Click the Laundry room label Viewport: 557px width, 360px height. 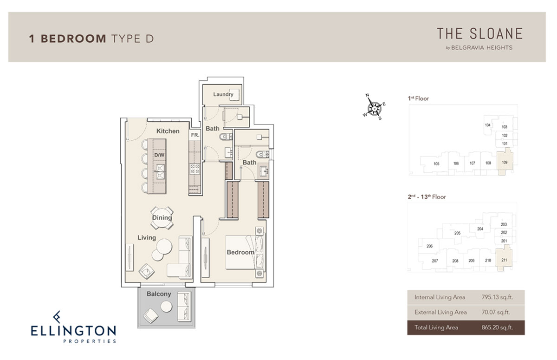pyautogui.click(x=223, y=94)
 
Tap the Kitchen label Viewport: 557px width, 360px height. pyautogui.click(x=168, y=131)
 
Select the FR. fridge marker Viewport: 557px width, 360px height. pyautogui.click(x=195, y=135)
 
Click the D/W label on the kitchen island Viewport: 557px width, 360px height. pyautogui.click(x=159, y=155)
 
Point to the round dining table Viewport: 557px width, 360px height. pyautogui.click(x=162, y=218)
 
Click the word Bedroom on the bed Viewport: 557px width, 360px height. pyautogui.click(x=240, y=252)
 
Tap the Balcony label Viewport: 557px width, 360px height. pyautogui.click(x=159, y=294)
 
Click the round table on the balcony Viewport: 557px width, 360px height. pyautogui.click(x=166, y=307)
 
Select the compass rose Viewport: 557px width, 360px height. pyautogui.click(x=374, y=107)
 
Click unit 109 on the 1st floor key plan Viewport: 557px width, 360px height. pyautogui.click(x=505, y=163)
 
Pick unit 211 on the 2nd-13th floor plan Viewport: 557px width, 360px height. pyautogui.click(x=504, y=260)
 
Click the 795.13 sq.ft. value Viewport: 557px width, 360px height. pyautogui.click(x=497, y=297)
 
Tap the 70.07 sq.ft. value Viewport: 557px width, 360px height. pyautogui.click(x=496, y=312)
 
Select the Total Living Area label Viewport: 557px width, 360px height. pyautogui.click(x=436, y=327)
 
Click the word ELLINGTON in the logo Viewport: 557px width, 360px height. pyautogui.click(x=73, y=331)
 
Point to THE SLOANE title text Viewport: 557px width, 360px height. pyautogui.click(x=479, y=34)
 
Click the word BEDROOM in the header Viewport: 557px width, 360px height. pyautogui.click(x=74, y=39)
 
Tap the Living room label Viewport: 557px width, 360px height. pyautogui.click(x=147, y=237)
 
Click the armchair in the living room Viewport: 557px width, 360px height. pyautogui.click(x=147, y=271)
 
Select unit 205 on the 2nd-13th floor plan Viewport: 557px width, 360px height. pyautogui.click(x=457, y=233)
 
